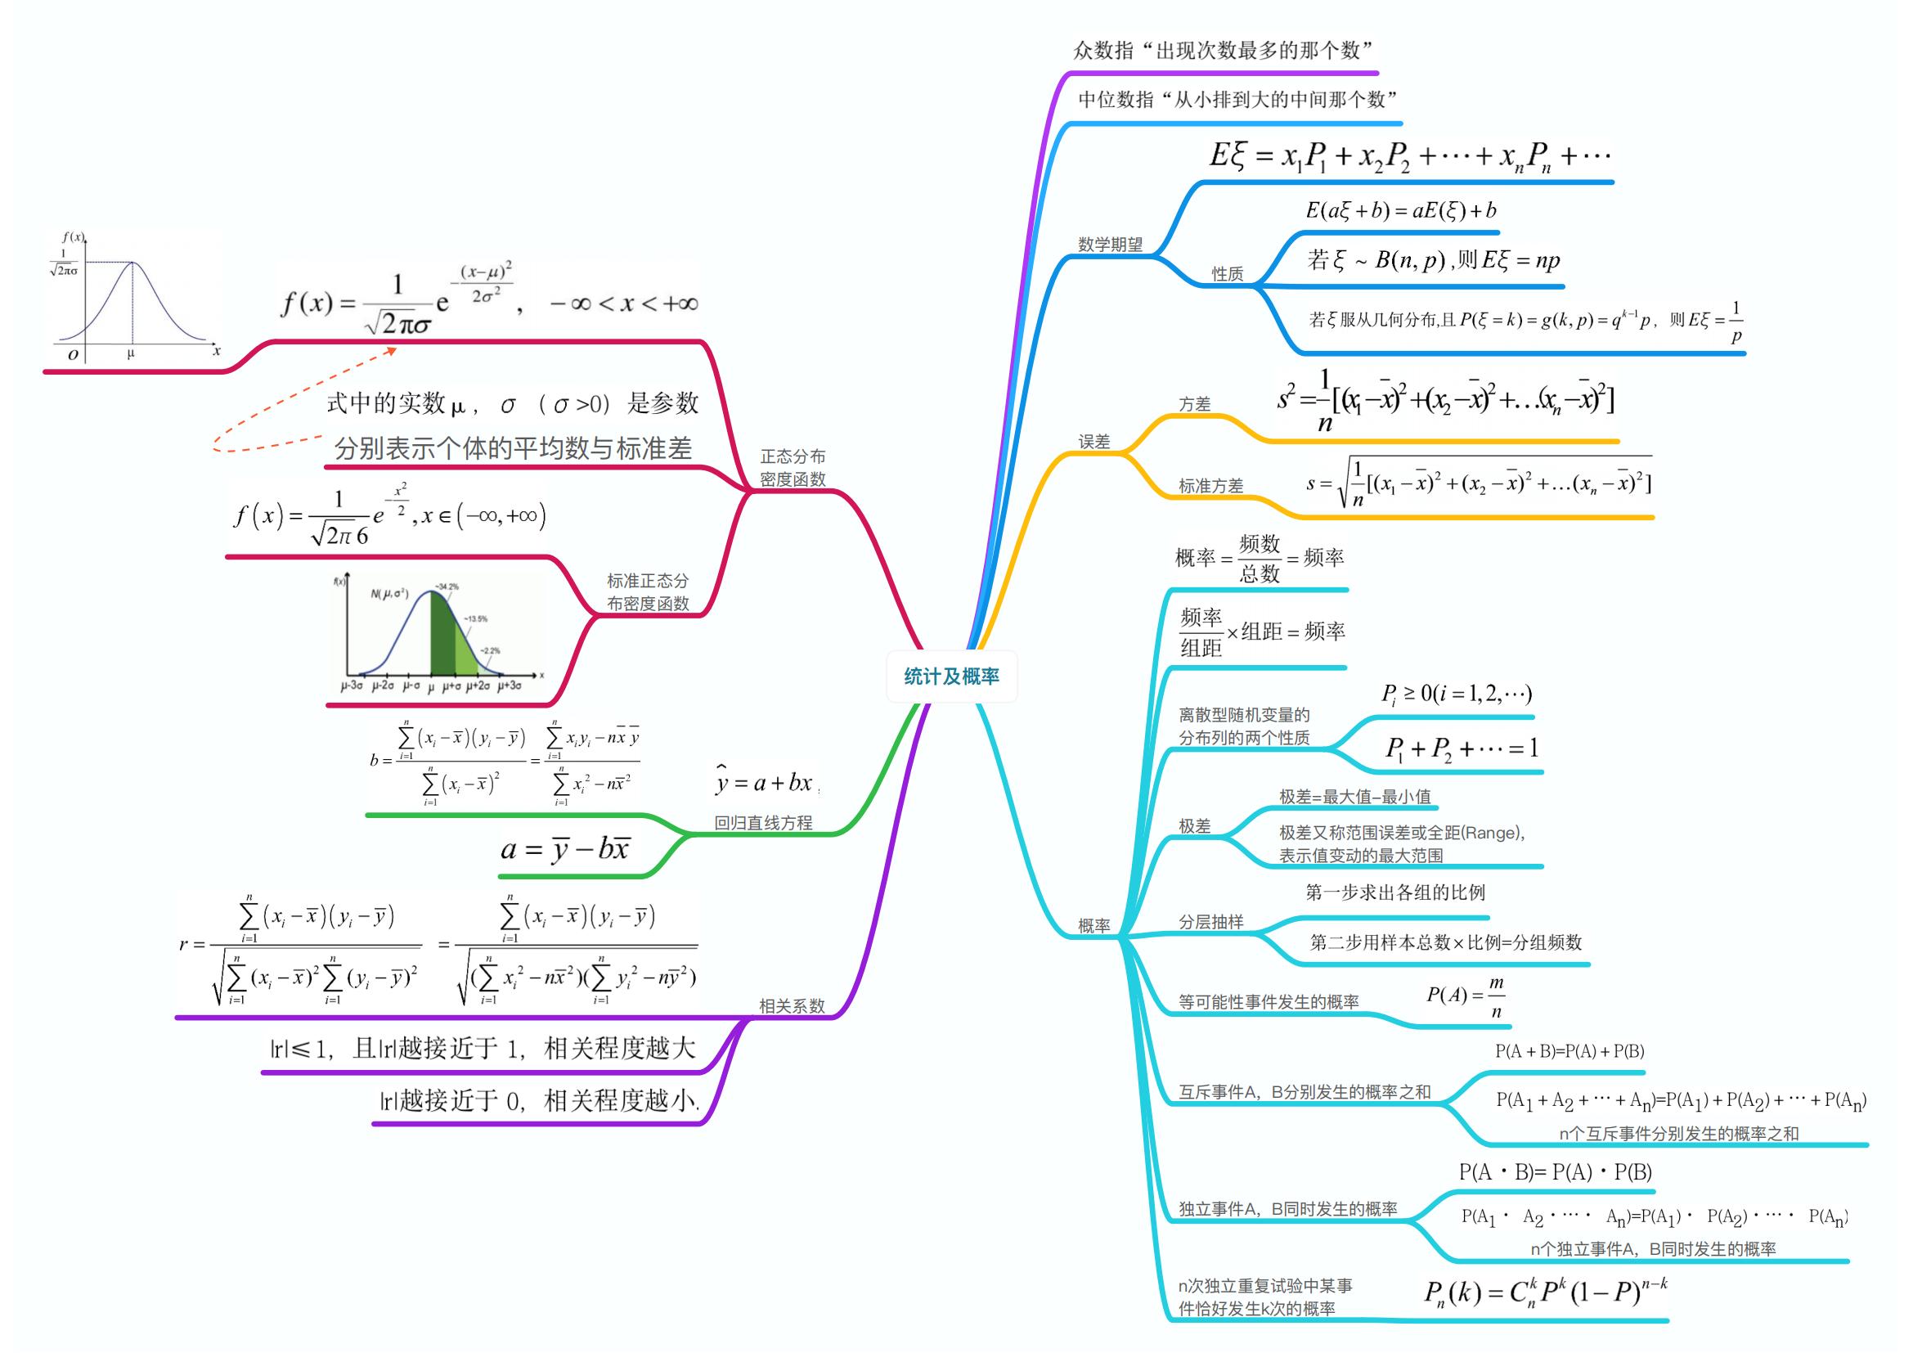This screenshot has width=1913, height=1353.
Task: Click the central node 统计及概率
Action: point(951,676)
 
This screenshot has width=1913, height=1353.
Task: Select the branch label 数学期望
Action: point(1110,244)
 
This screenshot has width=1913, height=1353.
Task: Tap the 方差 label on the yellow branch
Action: point(1194,404)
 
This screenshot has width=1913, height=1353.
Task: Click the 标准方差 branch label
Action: point(1210,486)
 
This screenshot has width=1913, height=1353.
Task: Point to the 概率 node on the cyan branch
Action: point(1094,925)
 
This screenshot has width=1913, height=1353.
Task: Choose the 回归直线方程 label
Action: point(763,822)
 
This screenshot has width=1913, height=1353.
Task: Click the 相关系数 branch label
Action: point(792,1005)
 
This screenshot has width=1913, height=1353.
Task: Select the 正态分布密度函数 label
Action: point(793,467)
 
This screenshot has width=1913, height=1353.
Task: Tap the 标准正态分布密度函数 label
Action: point(648,591)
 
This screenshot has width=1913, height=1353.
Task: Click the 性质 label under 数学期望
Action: point(1228,274)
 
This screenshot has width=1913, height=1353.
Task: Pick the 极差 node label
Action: point(1194,825)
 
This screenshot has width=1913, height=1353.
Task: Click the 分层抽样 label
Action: point(1210,921)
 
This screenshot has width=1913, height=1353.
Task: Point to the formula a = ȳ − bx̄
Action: point(566,849)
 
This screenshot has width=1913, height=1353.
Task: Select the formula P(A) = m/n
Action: point(1466,996)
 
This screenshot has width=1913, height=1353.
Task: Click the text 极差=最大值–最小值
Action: point(1354,797)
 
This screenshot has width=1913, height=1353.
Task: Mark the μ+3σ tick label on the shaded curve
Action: point(509,685)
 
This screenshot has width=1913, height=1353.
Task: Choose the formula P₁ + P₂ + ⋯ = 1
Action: point(1462,748)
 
